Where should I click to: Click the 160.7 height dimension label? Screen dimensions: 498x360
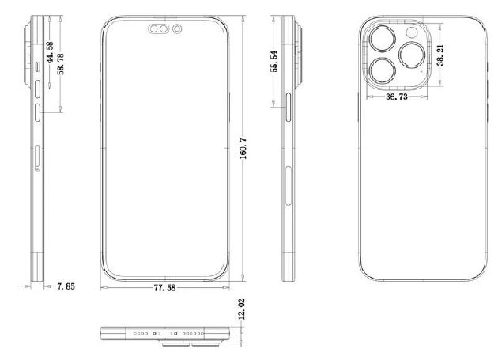[x=243, y=148]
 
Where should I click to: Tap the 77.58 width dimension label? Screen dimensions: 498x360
[x=164, y=288]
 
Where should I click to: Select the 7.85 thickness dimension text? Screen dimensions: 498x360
[x=66, y=286]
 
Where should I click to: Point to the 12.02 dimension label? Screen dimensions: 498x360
[x=241, y=309]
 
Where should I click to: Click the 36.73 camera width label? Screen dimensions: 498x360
[x=397, y=97]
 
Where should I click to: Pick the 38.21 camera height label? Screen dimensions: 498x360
[x=440, y=55]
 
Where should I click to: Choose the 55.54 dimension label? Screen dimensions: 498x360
[x=274, y=61]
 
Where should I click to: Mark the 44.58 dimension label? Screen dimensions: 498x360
[x=50, y=52]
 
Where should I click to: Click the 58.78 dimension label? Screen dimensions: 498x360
[x=60, y=64]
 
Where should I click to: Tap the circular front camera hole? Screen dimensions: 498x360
[x=177, y=29]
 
